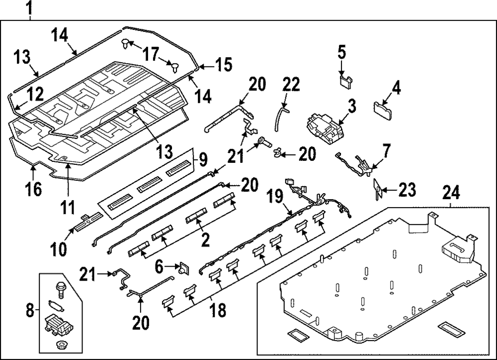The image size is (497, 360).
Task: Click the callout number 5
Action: [341, 52]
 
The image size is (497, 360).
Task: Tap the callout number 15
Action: [223, 65]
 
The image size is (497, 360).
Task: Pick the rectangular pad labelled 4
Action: [383, 108]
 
